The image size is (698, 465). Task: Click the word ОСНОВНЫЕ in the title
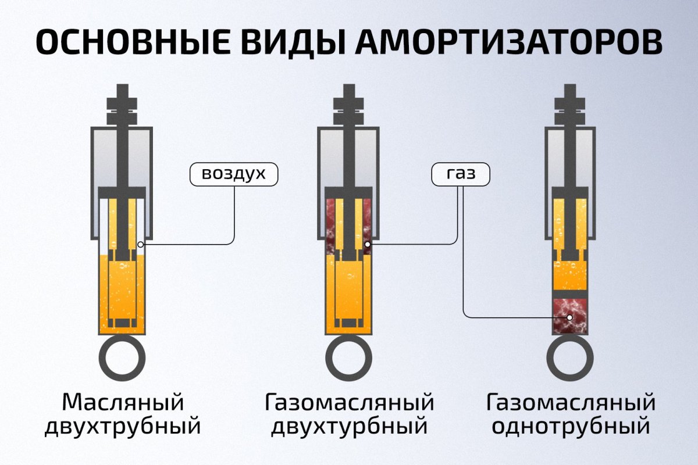pos(133,42)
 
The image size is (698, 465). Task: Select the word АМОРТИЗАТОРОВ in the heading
pos(508,42)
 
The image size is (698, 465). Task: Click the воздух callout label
pos(234,174)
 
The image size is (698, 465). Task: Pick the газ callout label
pos(461,174)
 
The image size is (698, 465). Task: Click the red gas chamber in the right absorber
pos(570,316)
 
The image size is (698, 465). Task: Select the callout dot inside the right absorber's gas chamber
pos(569,318)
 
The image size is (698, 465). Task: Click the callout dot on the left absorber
pos(141,245)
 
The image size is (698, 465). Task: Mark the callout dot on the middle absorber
pos(368,245)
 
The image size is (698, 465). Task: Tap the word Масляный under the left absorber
pos(123,402)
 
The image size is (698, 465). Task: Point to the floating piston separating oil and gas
pos(570,294)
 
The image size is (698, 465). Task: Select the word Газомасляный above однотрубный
pos(571,402)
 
